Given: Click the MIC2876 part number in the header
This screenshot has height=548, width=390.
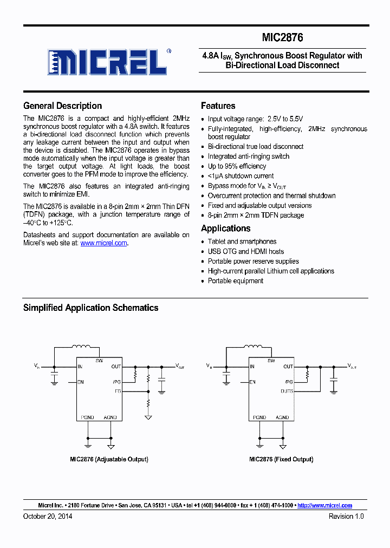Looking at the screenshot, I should pos(282,37).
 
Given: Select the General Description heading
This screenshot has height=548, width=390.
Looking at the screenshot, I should pos(62,106).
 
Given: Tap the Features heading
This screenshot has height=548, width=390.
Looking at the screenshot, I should pos(218,106).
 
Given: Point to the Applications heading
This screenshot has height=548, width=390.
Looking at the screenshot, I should pos(225,229).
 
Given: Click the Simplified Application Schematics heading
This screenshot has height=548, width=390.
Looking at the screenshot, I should pos(90,308).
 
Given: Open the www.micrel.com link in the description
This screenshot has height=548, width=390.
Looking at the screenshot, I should pos(104,243).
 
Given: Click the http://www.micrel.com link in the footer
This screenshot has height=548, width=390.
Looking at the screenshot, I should pos(324,505).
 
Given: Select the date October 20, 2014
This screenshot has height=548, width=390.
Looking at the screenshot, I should pos(48,517).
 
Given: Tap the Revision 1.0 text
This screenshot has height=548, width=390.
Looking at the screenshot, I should pos(346,517).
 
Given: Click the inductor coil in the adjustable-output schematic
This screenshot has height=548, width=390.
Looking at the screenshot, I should pos(82,347).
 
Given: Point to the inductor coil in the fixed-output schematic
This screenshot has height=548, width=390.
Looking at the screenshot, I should pos(253,347).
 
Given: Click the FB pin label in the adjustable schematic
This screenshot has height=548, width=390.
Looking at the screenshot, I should pos(118,390).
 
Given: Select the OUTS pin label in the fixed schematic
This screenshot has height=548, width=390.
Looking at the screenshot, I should pos(287,390).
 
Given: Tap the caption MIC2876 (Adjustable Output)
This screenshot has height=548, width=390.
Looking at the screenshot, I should pos(109,459).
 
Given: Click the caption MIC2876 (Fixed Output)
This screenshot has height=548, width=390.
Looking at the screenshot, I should pos(281,459).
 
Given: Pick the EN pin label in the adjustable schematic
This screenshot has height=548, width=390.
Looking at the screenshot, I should pos(81,382).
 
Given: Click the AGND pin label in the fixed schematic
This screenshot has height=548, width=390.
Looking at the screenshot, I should pos(282,417).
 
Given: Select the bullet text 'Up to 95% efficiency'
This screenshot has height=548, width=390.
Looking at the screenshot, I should pos(237,166).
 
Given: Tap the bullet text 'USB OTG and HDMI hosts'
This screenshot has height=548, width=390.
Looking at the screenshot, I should pos(245,251).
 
